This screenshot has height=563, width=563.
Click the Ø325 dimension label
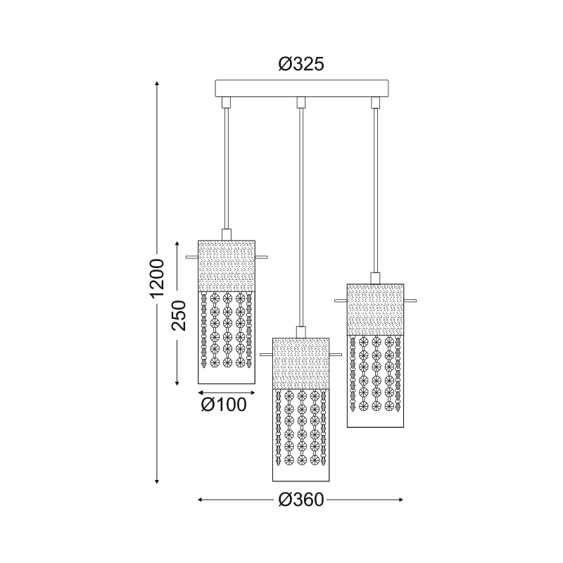click(x=301, y=64)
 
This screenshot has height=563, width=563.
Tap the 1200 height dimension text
click(x=157, y=278)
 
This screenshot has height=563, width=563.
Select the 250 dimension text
click(x=179, y=315)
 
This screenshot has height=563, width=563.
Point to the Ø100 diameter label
click(x=224, y=405)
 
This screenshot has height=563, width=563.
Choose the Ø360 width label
click(x=301, y=500)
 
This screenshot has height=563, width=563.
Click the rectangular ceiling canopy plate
click(x=302, y=89)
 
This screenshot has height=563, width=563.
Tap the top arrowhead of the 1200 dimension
click(x=157, y=84)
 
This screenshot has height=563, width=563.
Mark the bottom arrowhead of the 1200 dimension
click(x=157, y=481)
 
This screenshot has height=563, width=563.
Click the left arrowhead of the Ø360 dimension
click(x=201, y=500)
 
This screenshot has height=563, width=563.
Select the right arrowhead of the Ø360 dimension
click(x=401, y=500)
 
